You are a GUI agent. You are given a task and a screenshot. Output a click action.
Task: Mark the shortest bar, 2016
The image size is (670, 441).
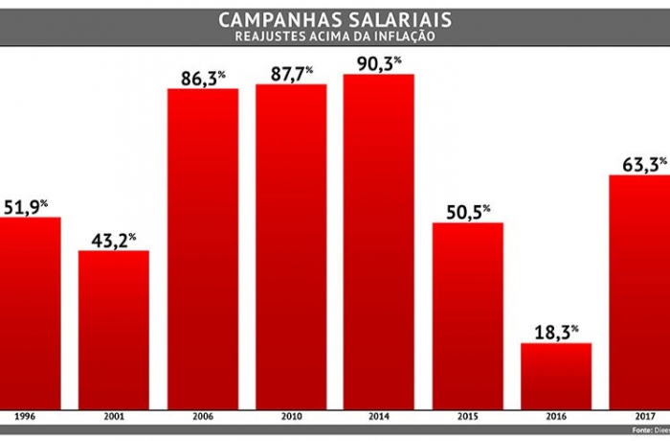point(556,375)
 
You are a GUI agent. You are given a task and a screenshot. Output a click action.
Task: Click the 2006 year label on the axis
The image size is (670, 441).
point(203,418)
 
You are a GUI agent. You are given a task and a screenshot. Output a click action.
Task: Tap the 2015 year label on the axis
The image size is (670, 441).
point(467,418)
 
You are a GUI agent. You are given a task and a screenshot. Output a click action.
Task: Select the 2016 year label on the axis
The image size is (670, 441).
point(556,418)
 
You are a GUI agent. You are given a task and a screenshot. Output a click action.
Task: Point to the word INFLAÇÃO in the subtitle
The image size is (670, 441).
point(400,36)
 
